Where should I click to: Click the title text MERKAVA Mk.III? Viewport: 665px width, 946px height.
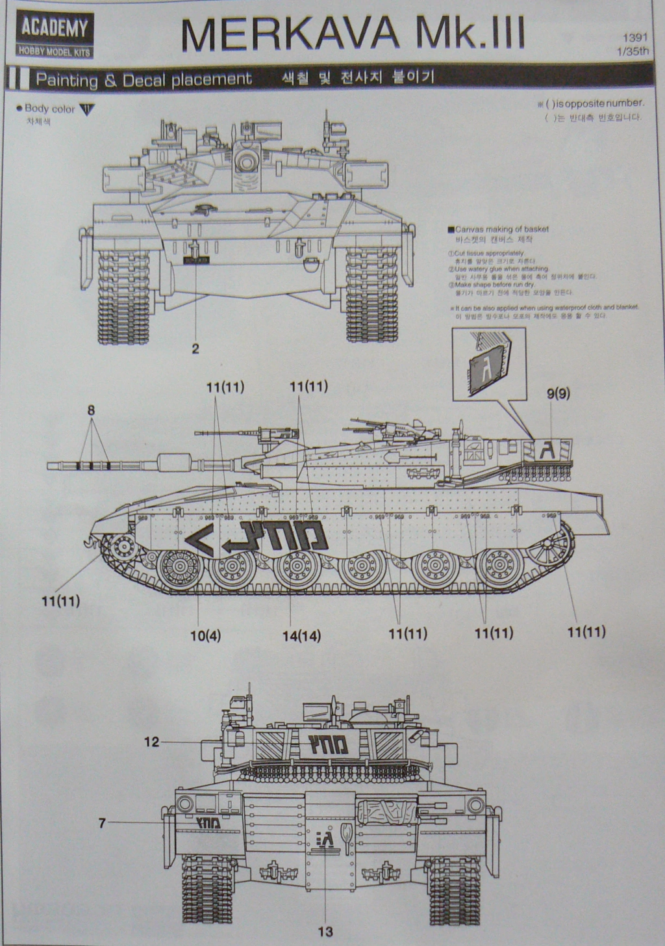point(353,34)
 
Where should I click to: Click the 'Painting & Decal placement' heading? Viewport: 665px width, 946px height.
point(144,79)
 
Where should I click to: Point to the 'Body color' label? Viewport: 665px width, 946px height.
point(50,109)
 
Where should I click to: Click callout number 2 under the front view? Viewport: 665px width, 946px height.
point(195,348)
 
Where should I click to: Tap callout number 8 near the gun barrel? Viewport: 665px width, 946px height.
point(92,410)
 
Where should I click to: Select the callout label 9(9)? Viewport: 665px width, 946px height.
point(558,393)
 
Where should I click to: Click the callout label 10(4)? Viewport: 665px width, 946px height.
point(205,635)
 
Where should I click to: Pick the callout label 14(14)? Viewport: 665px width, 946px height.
point(301,635)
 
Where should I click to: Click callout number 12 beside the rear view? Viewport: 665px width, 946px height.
point(151,742)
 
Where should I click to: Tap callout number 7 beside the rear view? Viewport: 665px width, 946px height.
point(102,823)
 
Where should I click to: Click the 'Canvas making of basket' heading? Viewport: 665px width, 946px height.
point(501,229)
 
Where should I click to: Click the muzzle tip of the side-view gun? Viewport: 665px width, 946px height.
point(49,465)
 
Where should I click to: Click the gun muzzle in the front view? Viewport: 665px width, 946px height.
point(245,159)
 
